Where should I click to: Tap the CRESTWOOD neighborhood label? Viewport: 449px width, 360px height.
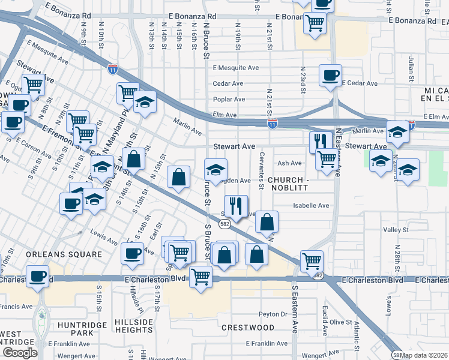coord(248,328)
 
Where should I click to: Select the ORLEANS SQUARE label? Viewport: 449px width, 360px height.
coord(64,254)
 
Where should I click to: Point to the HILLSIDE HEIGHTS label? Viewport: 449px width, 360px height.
coord(134,326)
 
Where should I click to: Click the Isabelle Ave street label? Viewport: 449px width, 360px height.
coord(311,205)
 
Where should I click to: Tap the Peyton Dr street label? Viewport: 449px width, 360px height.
coord(273,314)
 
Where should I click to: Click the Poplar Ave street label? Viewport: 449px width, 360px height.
coord(229,99)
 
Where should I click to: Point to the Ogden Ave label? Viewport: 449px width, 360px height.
coord(236,180)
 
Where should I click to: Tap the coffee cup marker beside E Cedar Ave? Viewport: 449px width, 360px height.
coord(330,76)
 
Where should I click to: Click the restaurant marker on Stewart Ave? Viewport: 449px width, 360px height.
coord(320,142)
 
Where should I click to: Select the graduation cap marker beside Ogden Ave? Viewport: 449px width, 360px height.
coord(215,170)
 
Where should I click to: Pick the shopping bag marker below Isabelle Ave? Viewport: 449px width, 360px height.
coord(267,221)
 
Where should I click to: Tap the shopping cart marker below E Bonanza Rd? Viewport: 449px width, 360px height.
coord(315,23)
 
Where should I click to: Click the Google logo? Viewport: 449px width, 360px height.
coord(19,353)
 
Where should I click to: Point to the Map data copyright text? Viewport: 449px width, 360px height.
coord(424,355)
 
